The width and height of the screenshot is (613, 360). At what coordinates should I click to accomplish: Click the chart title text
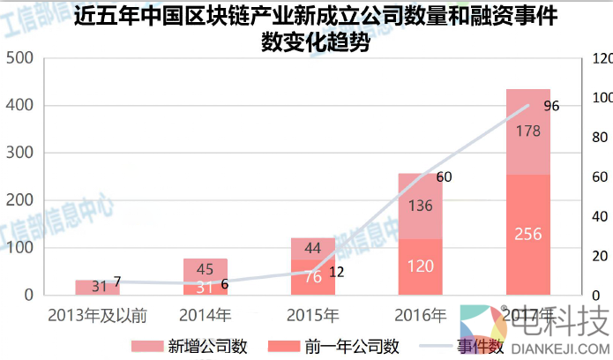(316, 29)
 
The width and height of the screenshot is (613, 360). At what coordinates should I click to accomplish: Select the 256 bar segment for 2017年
(528, 235)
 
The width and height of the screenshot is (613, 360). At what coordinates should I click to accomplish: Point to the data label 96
(551, 106)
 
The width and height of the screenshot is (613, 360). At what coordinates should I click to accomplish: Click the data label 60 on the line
(444, 177)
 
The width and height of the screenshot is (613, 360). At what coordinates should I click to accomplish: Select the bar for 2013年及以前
(97, 287)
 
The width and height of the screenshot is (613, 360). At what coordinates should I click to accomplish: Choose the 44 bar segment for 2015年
(313, 249)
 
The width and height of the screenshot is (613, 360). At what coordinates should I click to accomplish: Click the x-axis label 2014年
(205, 314)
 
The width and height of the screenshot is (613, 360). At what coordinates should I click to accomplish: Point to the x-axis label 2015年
(313, 314)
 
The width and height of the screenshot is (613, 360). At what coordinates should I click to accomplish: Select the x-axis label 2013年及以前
(97, 314)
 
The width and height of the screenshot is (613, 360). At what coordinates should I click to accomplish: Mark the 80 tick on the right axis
(600, 138)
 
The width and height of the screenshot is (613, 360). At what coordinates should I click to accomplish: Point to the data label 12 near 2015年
(336, 272)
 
